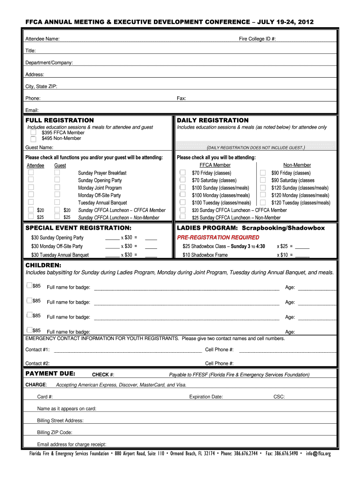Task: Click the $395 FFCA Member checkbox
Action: tap(33, 133)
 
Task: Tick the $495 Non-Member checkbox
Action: tap(33, 138)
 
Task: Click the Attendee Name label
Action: tap(42, 39)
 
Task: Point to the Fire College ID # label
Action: tap(257, 39)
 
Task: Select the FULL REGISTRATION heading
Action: tap(59, 120)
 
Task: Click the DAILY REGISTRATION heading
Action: tap(213, 120)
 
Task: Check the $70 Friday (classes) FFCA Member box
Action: tap(183, 173)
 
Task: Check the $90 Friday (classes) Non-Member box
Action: tap(263, 173)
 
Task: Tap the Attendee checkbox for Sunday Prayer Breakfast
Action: tap(31, 173)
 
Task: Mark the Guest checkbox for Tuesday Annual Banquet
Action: tap(57, 203)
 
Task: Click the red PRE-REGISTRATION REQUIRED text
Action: tap(211, 237)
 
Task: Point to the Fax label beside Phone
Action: tap(181, 99)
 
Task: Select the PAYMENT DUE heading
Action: tap(50, 374)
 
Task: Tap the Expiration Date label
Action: tap(206, 397)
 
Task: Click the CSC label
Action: tap(279, 397)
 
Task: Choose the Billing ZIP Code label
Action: tap(55, 433)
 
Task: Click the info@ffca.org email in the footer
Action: tap(318, 454)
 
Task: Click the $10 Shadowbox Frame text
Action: tap(205, 255)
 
